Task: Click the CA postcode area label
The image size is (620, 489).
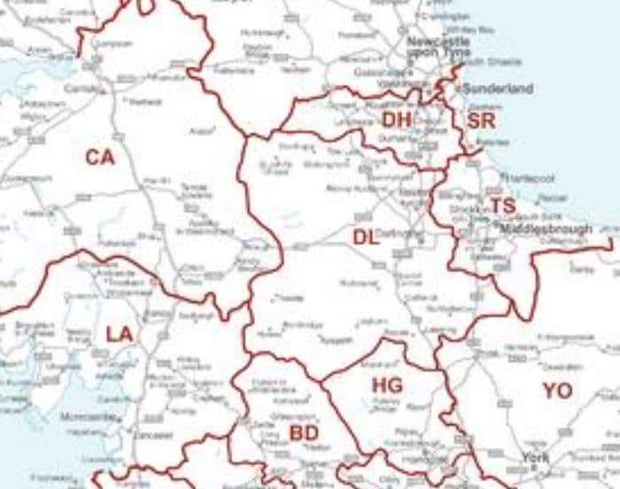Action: (100, 158)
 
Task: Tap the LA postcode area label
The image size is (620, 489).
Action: (119, 334)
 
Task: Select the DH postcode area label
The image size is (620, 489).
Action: (397, 120)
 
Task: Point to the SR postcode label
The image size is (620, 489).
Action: (481, 120)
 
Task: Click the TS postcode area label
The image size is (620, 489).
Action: (502, 206)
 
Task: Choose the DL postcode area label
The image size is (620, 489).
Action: (366, 237)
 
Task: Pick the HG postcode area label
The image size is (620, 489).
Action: (387, 385)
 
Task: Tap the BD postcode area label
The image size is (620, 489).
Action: (303, 432)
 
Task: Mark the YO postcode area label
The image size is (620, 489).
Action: (557, 391)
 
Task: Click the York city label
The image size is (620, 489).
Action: (535, 457)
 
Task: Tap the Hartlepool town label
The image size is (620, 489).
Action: (531, 178)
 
